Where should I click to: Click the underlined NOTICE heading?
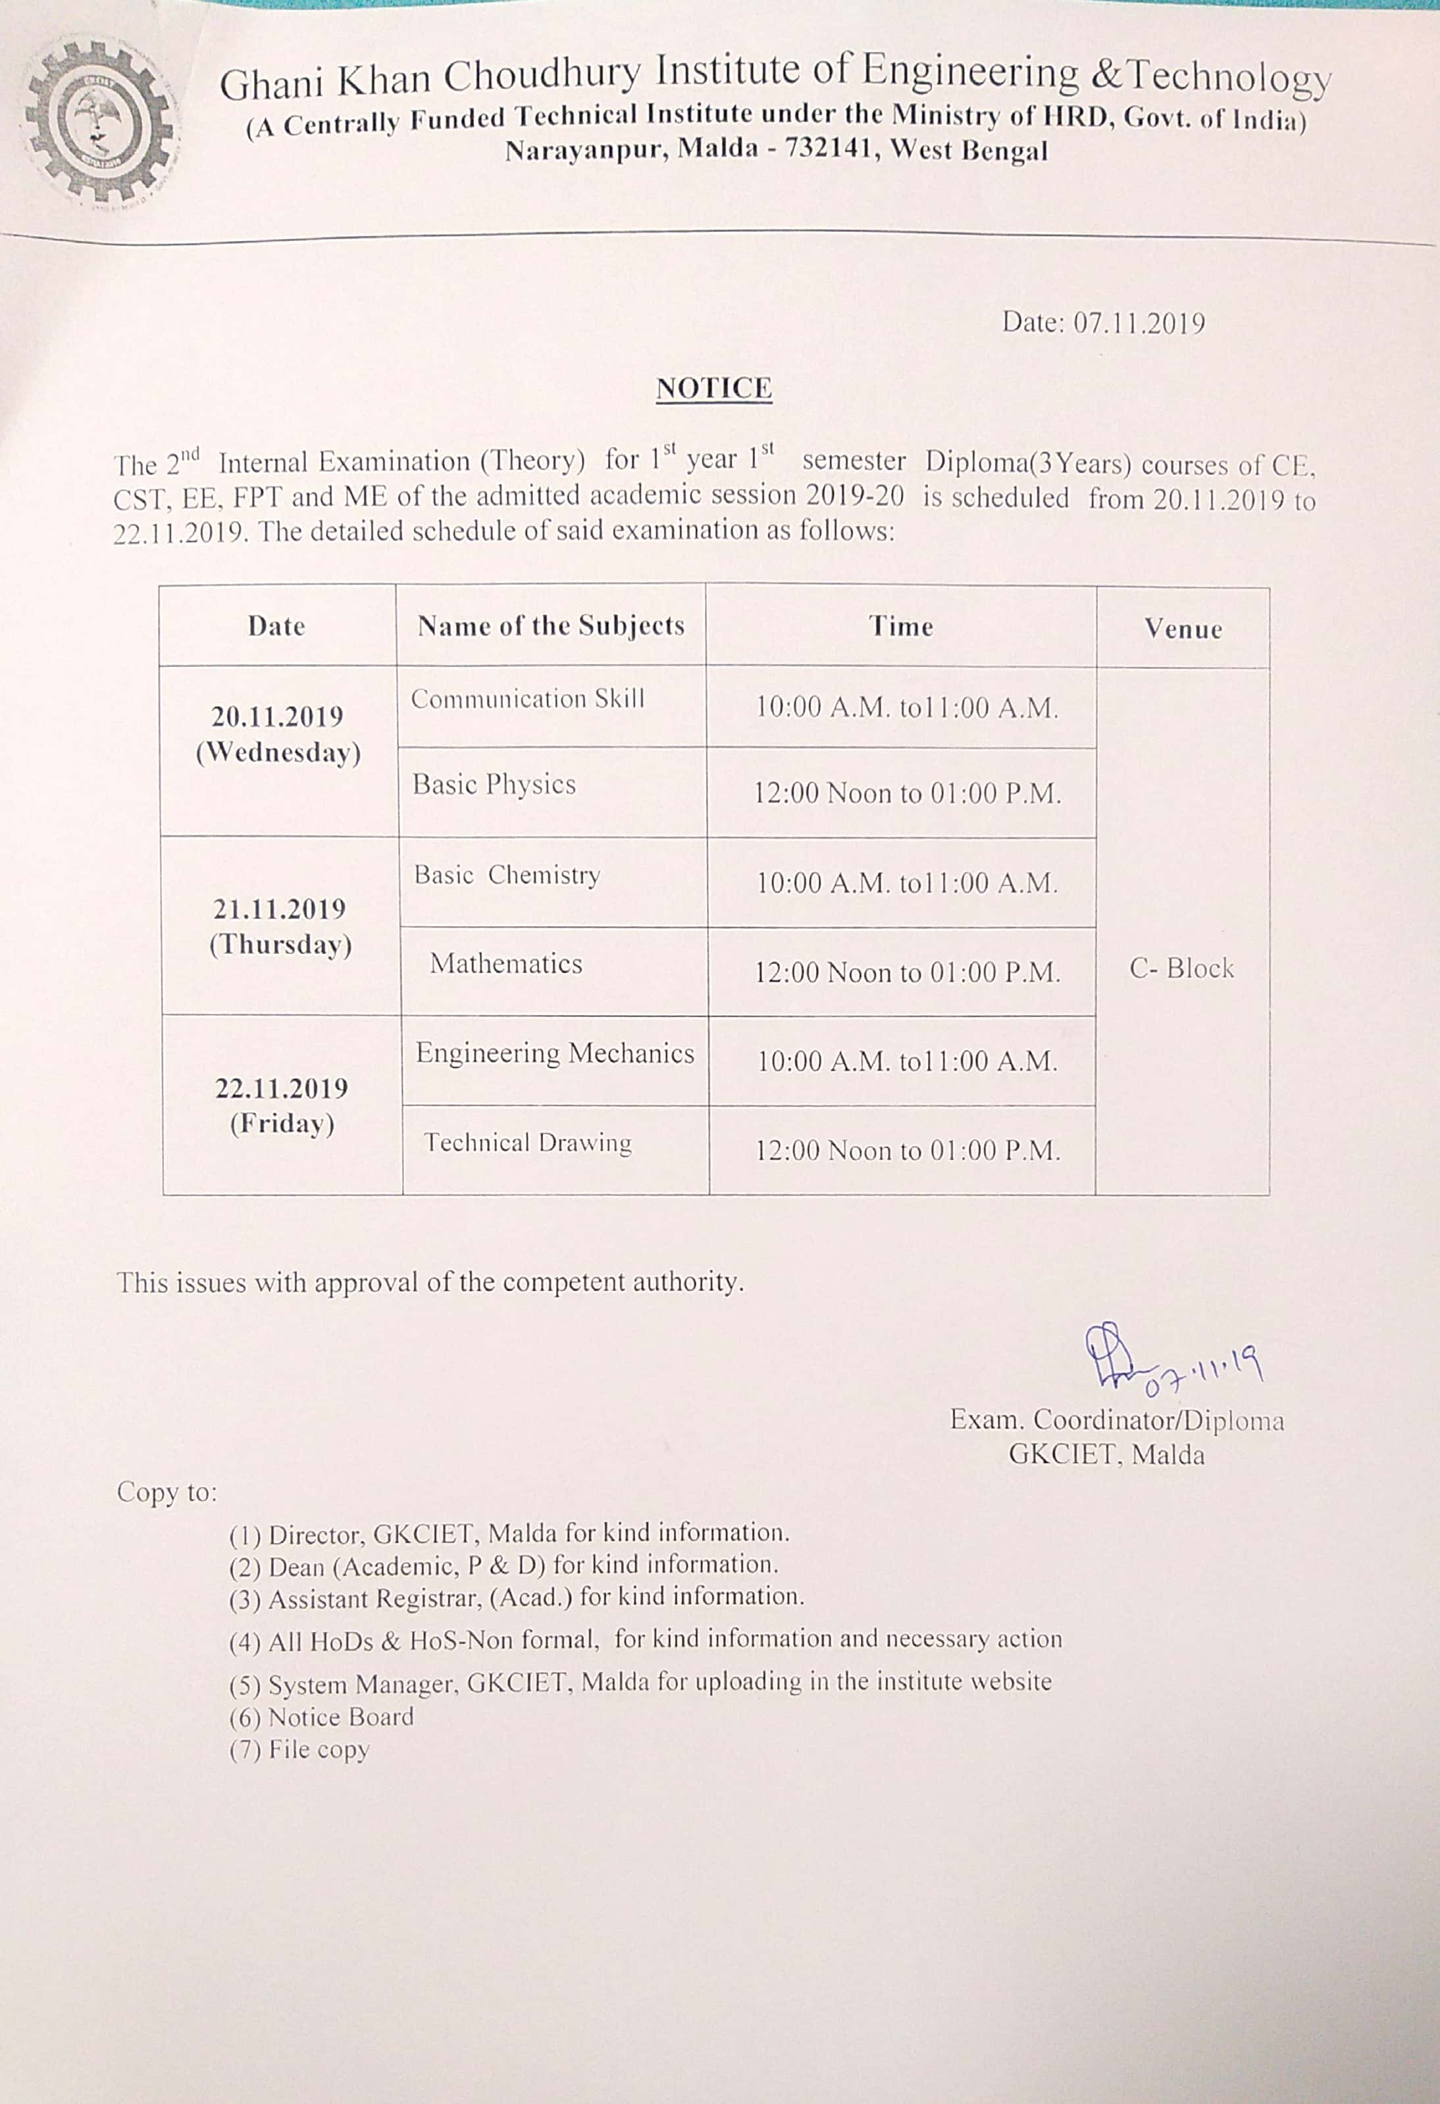click(713, 388)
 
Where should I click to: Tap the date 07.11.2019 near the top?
click(1139, 323)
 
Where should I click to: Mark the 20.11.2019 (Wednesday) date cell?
click(278, 734)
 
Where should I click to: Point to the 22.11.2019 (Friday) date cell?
click(282, 1105)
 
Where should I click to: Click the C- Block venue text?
click(1181, 968)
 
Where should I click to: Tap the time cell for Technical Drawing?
click(907, 1151)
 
